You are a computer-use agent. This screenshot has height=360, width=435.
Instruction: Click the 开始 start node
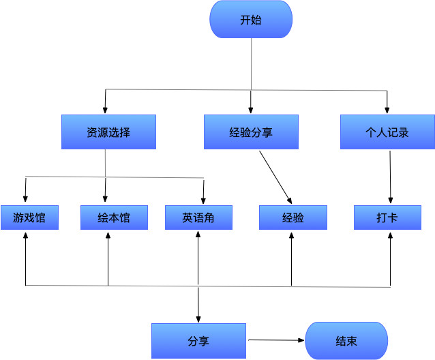click(251, 20)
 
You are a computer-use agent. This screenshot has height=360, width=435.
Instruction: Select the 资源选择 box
click(108, 132)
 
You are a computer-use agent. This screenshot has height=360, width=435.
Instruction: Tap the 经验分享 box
click(251, 132)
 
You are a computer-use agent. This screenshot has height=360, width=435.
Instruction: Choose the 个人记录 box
click(387, 132)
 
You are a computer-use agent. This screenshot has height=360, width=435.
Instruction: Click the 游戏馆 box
click(26, 218)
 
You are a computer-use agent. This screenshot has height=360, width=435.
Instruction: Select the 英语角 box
click(198, 218)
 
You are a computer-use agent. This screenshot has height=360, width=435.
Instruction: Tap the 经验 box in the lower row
click(292, 218)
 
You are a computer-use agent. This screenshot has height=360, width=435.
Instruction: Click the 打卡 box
click(387, 218)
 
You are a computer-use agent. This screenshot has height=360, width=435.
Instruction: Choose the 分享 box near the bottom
click(198, 341)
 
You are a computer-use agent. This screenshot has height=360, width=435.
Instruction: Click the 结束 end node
click(346, 341)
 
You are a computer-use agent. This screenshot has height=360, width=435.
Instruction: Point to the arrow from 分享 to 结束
click(275, 340)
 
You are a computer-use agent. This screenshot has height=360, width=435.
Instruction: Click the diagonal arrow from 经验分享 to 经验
click(275, 177)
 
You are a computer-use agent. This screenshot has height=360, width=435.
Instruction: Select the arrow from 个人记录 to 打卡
click(390, 176)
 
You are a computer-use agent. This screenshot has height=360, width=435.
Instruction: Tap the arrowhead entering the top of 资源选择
click(105, 110)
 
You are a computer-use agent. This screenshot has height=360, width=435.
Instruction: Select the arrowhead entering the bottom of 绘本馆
click(108, 236)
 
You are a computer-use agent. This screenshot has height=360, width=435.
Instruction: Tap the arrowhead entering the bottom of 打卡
click(391, 236)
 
